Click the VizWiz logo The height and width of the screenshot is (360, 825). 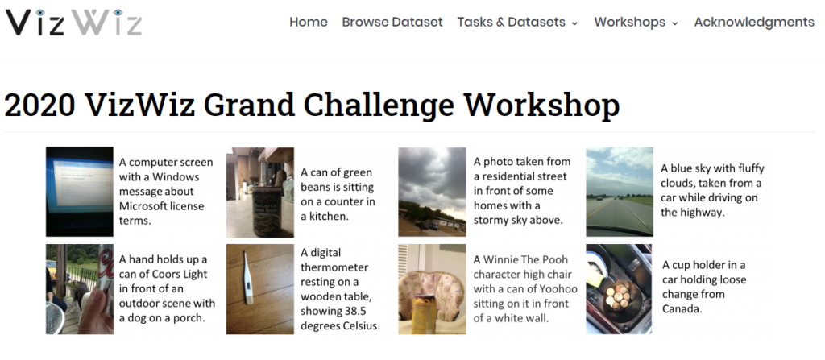tap(73, 22)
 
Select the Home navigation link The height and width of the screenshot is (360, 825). tap(309, 22)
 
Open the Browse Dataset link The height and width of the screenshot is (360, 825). tap(392, 22)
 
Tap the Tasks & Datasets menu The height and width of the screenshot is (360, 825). tap(517, 22)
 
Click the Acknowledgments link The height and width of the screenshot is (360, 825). tap(754, 22)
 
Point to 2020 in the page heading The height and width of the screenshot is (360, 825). tap(40, 105)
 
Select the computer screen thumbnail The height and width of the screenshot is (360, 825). tap(80, 192)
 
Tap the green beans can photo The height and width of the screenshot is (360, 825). tap(260, 192)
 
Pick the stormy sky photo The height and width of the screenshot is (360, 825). tap(432, 192)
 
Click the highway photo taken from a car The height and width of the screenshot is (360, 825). tap(620, 192)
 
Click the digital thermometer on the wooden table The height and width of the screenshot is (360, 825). tap(247, 277)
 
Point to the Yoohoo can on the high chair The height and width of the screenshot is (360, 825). tap(424, 314)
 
